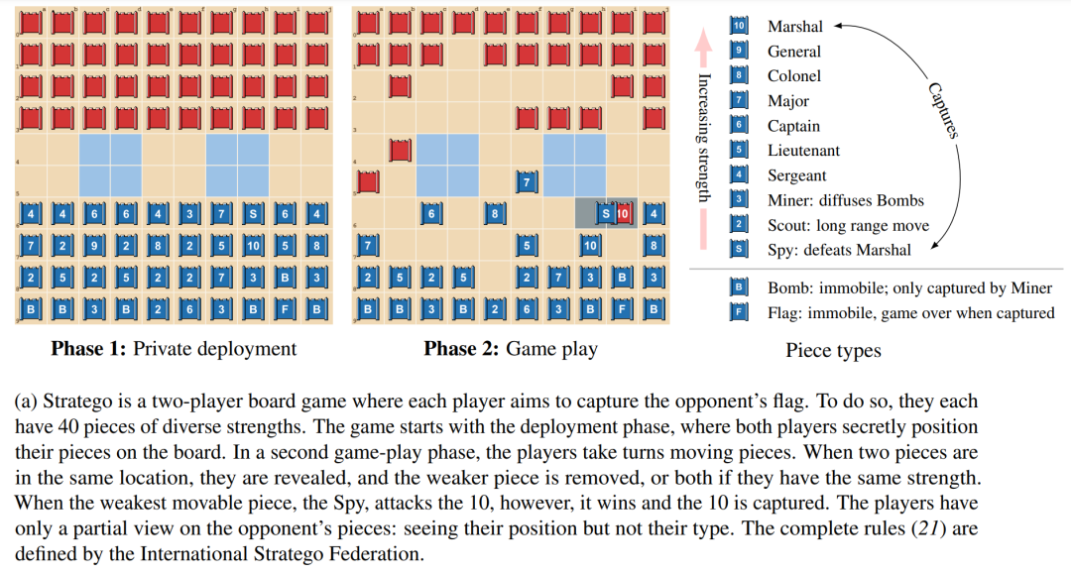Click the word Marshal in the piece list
point(795,27)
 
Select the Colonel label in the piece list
point(794,76)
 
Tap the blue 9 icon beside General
point(739,51)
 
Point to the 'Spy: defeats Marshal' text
point(839,250)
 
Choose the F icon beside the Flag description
point(739,312)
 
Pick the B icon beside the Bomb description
point(739,287)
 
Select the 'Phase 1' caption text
point(89,349)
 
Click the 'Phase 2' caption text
point(462,349)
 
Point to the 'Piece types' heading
point(833,351)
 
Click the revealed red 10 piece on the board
point(623,213)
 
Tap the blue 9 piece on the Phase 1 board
point(95,245)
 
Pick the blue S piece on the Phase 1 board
point(254,213)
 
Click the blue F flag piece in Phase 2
point(622,308)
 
